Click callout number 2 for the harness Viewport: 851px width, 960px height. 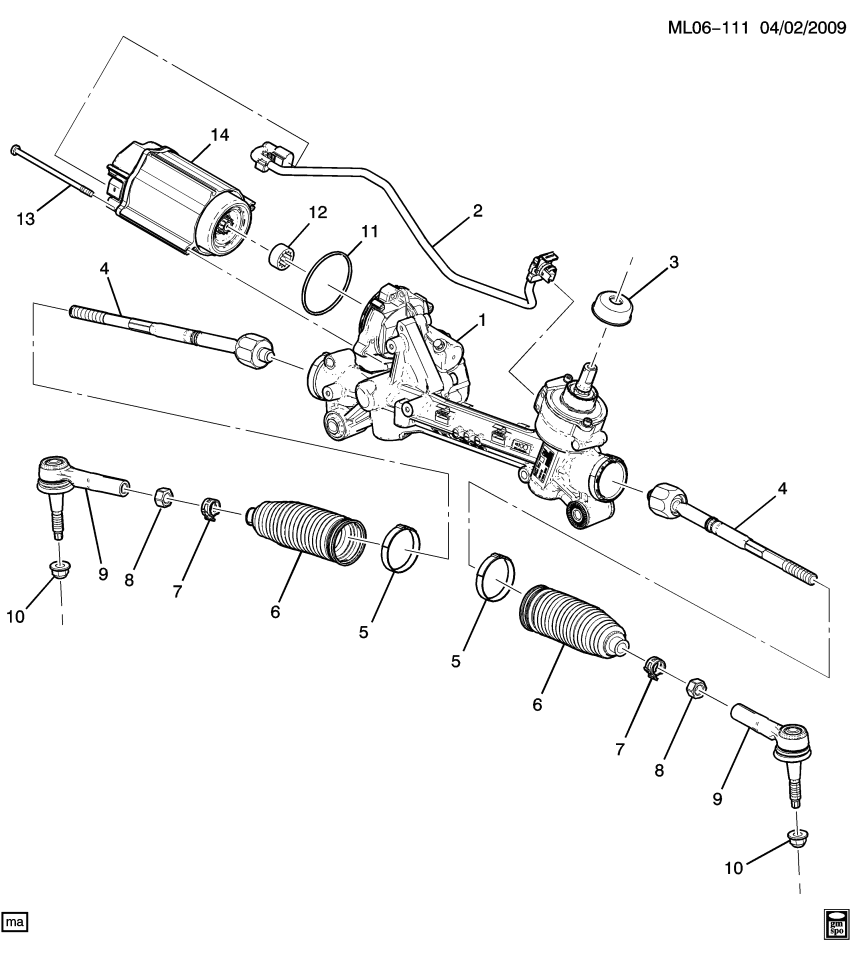pyautogui.click(x=477, y=212)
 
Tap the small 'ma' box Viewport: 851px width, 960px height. pyautogui.click(x=15, y=918)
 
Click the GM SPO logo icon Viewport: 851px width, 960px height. pyautogui.click(x=834, y=925)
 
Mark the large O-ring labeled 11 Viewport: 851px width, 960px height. pyautogui.click(x=327, y=284)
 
